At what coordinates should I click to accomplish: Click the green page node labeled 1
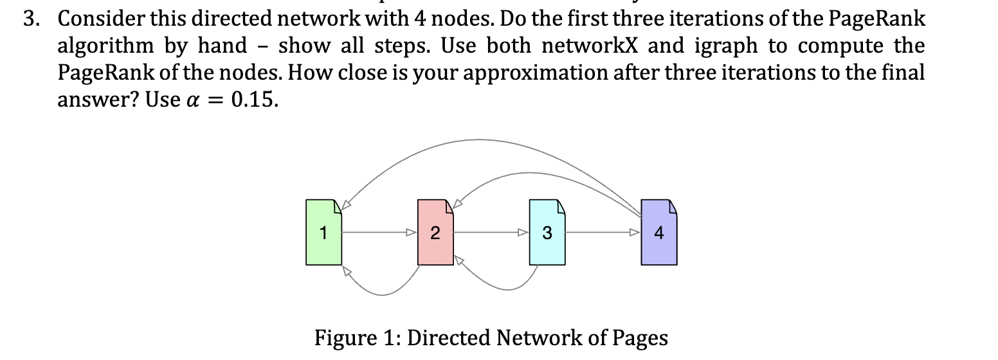pyautogui.click(x=323, y=232)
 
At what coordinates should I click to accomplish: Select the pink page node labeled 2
pyautogui.click(x=435, y=232)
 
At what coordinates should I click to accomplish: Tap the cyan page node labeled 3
pyautogui.click(x=547, y=232)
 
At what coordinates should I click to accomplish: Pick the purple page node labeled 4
pyautogui.click(x=658, y=232)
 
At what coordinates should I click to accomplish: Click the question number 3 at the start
pyautogui.click(x=29, y=19)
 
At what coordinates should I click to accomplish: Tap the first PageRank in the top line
pyautogui.click(x=878, y=19)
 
